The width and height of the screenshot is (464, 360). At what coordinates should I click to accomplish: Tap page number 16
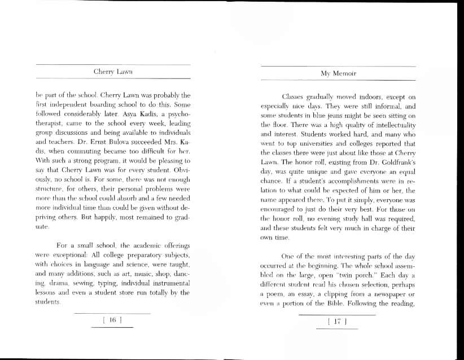[x=112, y=320]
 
